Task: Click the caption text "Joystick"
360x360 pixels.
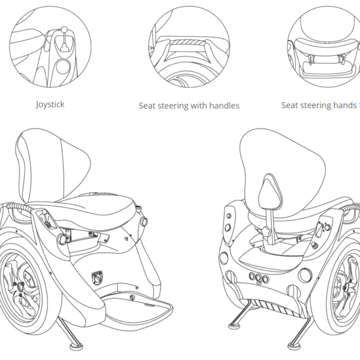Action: pos(50,104)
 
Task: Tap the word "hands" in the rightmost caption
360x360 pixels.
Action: pos(344,106)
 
